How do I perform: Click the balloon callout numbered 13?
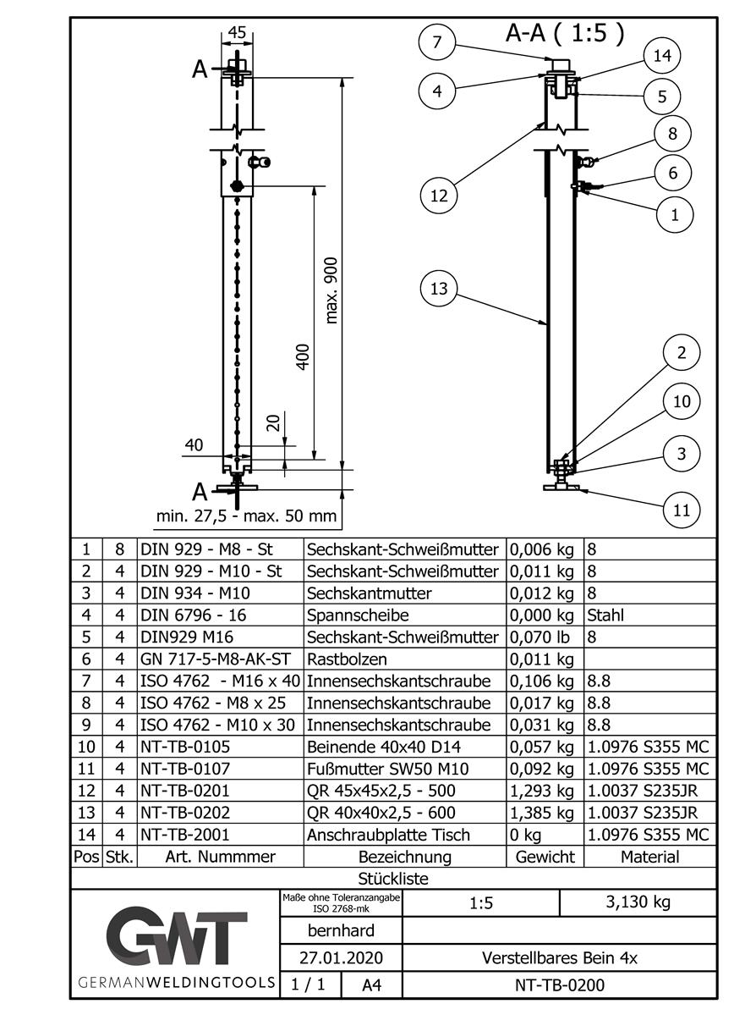click(439, 290)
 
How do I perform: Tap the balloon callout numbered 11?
click(682, 510)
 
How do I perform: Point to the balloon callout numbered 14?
click(662, 56)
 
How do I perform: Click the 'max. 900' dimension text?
click(331, 290)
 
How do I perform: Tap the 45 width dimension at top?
click(238, 33)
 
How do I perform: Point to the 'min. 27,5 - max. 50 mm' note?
click(247, 516)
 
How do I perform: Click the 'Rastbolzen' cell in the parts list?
click(337, 659)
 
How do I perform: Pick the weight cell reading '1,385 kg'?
click(545, 813)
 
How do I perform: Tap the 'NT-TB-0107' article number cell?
click(185, 769)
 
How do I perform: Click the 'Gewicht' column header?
click(545, 857)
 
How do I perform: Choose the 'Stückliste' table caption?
click(393, 879)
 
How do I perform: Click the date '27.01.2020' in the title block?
click(340, 958)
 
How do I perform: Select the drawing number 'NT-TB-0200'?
click(559, 985)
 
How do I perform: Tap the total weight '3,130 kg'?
click(638, 902)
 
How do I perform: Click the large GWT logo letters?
click(177, 938)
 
